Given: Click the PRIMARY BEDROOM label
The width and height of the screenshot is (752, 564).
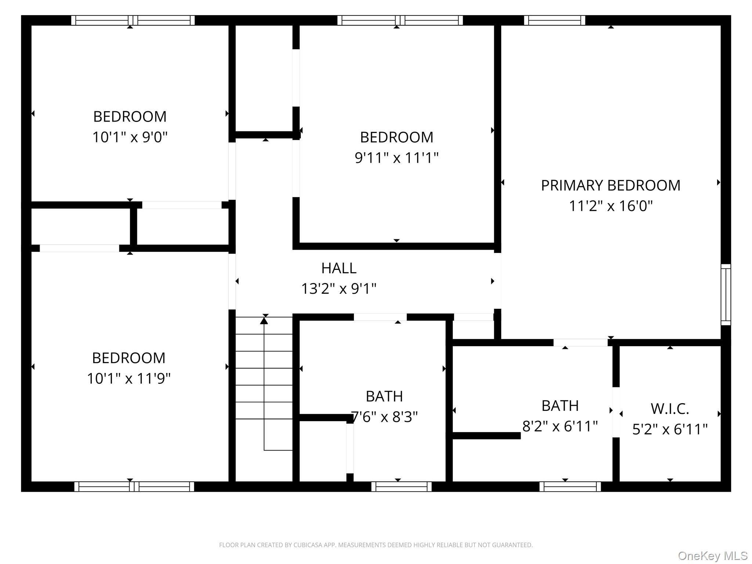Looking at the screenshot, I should point(610,185).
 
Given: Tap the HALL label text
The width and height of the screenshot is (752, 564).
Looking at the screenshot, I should point(339,268).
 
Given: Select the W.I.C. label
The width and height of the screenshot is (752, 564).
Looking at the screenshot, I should point(670,409).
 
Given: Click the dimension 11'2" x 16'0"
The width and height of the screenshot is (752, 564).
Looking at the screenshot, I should point(611,206).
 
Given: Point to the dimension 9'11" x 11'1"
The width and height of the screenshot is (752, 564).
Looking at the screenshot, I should point(397,158).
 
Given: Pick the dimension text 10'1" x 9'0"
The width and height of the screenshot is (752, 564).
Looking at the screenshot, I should point(130,137).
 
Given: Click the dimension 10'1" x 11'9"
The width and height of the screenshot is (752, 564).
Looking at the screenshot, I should point(129,379).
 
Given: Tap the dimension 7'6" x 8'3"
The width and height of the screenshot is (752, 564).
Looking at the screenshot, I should point(384,417).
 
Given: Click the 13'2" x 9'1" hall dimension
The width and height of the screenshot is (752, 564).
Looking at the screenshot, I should point(339,289).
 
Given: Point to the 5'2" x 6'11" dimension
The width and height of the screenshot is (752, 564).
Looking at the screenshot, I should point(670,429).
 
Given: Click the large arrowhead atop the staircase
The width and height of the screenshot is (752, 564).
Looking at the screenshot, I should point(264,321).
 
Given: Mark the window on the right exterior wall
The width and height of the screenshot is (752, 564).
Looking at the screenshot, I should point(726,294).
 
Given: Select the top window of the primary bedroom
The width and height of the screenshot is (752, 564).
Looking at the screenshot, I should point(554,20).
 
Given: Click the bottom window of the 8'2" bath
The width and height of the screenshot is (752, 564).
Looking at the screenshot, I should point(570,487).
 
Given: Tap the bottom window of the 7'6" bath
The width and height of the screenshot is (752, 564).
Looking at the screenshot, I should point(401,487).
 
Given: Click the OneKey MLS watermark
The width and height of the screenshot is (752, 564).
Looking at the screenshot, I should point(712,556).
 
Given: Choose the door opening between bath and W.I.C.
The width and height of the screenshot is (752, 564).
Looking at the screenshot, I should point(616,412).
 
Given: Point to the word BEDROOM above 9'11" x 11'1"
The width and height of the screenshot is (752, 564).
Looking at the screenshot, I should point(397,137).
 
